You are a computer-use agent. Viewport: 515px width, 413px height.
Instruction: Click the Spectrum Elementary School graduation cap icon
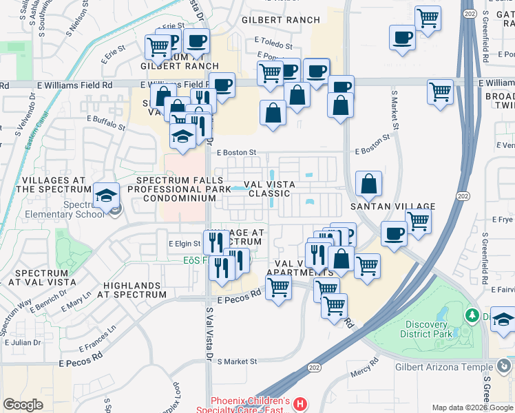(x=107, y=197)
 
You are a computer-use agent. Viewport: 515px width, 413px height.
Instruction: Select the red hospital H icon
(x=299, y=404)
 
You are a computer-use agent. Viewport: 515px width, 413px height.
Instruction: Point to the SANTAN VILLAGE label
(x=392, y=206)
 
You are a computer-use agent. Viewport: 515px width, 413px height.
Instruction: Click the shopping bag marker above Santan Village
(x=369, y=184)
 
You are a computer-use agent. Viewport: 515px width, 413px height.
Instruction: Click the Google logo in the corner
(x=23, y=405)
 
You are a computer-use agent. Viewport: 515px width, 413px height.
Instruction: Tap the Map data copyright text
(x=472, y=407)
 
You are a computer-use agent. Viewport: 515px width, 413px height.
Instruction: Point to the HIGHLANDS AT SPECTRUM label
(x=135, y=290)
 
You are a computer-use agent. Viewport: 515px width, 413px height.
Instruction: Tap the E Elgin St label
(x=184, y=244)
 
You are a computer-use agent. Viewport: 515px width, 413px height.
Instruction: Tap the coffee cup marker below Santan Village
(x=394, y=234)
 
